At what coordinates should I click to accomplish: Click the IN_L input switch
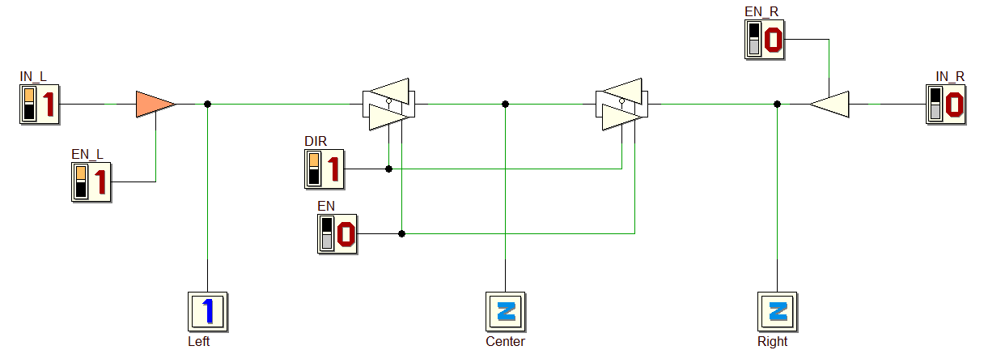point(40,105)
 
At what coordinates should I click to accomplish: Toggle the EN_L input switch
point(91,182)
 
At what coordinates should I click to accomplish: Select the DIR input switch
point(324,169)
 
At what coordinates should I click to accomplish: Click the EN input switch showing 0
point(337,234)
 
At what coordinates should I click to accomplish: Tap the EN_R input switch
point(765,40)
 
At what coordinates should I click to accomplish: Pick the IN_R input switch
point(946,105)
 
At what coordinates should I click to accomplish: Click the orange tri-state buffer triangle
point(155,105)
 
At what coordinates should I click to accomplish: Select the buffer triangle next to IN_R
point(829,105)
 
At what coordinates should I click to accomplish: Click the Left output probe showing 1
point(208,312)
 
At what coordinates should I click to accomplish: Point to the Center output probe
point(506,312)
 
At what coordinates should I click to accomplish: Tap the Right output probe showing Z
point(777,312)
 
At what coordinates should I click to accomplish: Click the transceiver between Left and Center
point(388,105)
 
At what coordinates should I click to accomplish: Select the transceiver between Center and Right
point(621,105)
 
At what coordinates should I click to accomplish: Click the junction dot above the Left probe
point(208,105)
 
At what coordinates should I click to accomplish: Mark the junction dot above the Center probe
point(505,105)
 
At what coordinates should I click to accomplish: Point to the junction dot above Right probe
point(777,105)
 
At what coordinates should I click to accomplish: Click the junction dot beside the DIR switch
point(388,169)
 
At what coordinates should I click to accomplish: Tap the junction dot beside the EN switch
point(401,233)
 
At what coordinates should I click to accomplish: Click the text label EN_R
point(761,12)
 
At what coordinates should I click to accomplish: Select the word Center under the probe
point(505,341)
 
